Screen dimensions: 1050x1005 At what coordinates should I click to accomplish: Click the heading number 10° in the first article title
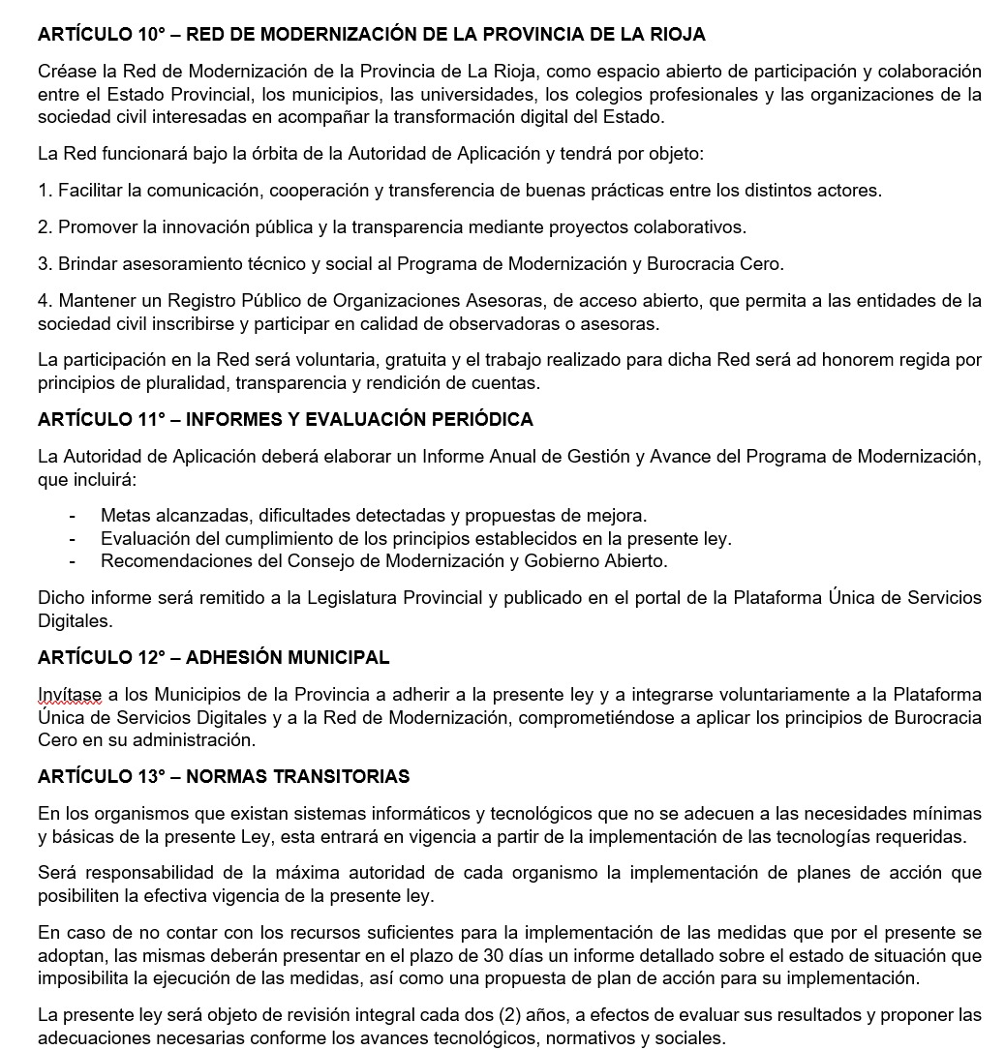151,35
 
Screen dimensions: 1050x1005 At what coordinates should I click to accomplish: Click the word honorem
882,360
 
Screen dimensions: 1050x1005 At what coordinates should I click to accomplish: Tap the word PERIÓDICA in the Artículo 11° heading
485,419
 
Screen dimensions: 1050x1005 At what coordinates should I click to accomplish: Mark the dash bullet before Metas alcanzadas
74,516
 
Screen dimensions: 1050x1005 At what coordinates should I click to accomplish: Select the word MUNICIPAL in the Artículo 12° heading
336,658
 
